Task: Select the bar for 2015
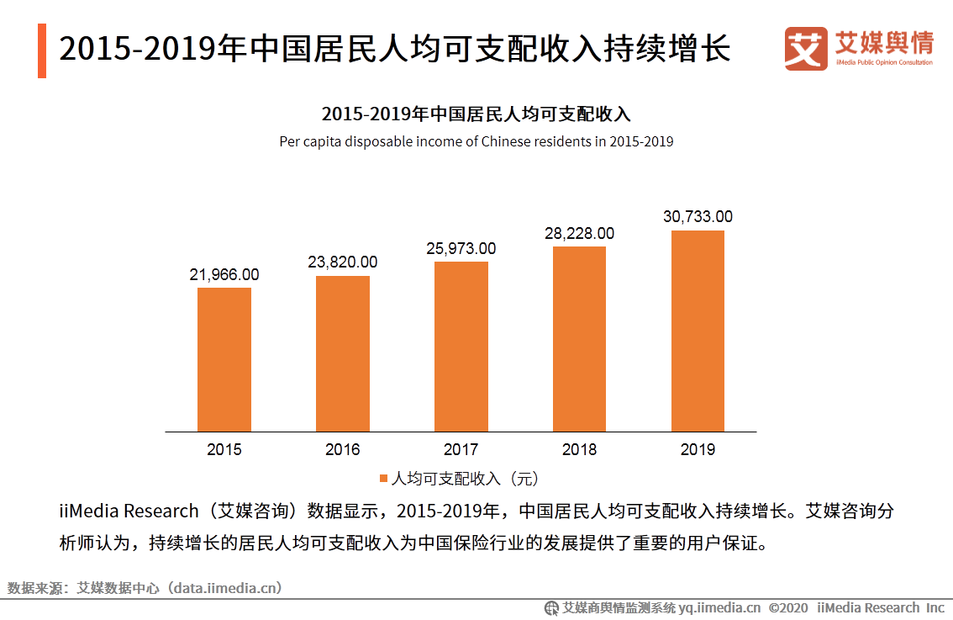pyautogui.click(x=224, y=359)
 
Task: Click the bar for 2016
pyautogui.click(x=343, y=353)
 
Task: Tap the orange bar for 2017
pyautogui.click(x=461, y=347)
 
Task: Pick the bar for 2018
pyautogui.click(x=579, y=339)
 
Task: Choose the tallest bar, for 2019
pyautogui.click(x=698, y=331)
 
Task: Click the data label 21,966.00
pyautogui.click(x=224, y=274)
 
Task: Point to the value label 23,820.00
pyautogui.click(x=343, y=262)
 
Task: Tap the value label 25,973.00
pyautogui.click(x=461, y=249)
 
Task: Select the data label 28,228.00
pyautogui.click(x=579, y=234)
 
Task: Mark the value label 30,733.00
pyautogui.click(x=698, y=217)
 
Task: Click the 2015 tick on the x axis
pyautogui.click(x=224, y=449)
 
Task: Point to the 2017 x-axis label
pyautogui.click(x=461, y=449)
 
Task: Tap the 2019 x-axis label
pyautogui.click(x=698, y=449)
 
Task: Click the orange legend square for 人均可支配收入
pyautogui.click(x=383, y=479)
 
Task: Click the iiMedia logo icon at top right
pyautogui.click(x=806, y=49)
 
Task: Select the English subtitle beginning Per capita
pyautogui.click(x=476, y=141)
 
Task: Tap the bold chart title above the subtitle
pyautogui.click(x=476, y=114)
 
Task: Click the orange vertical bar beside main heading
pyautogui.click(x=42, y=51)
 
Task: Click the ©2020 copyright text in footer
pyautogui.click(x=787, y=607)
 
